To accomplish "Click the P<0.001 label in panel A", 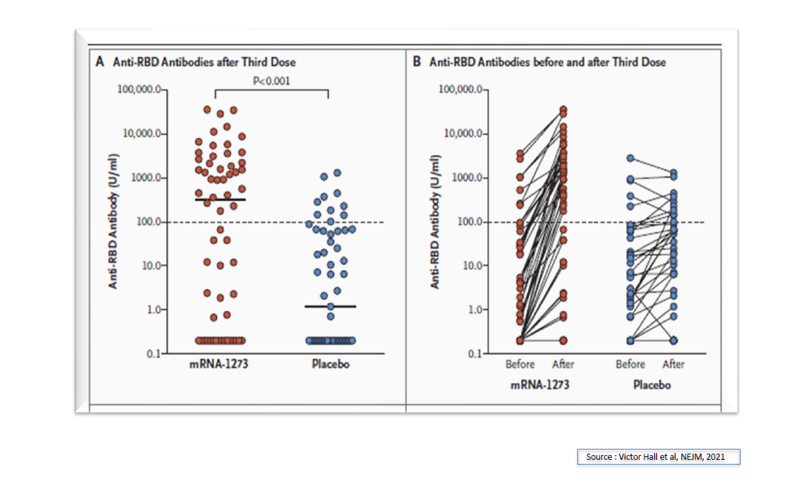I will [272, 81].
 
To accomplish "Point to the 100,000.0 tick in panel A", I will [141, 90].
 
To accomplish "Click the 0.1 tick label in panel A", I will [152, 353].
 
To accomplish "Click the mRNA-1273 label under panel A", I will [220, 364].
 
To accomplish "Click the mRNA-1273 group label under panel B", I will [540, 385].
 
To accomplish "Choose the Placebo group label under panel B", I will [651, 385].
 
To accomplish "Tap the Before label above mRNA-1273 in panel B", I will [520, 364].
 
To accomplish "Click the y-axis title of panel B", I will [435, 221].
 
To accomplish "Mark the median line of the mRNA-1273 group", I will [220, 199].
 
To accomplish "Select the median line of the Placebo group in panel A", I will [330, 306].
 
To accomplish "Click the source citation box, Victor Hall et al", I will [658, 456].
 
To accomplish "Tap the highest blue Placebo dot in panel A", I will [337, 174].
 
